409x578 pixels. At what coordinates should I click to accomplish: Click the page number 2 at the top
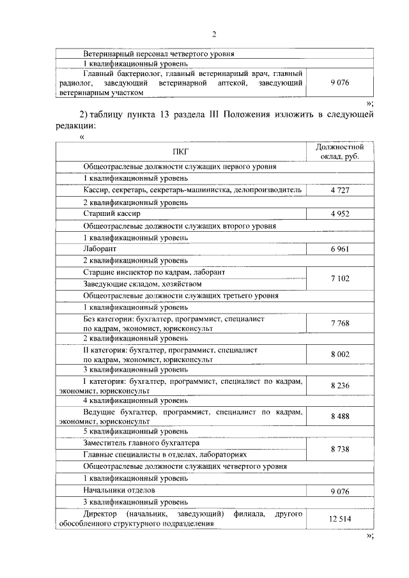point(214,33)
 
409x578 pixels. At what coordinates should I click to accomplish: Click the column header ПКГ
point(181,152)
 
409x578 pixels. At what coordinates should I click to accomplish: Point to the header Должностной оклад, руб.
point(339,152)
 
